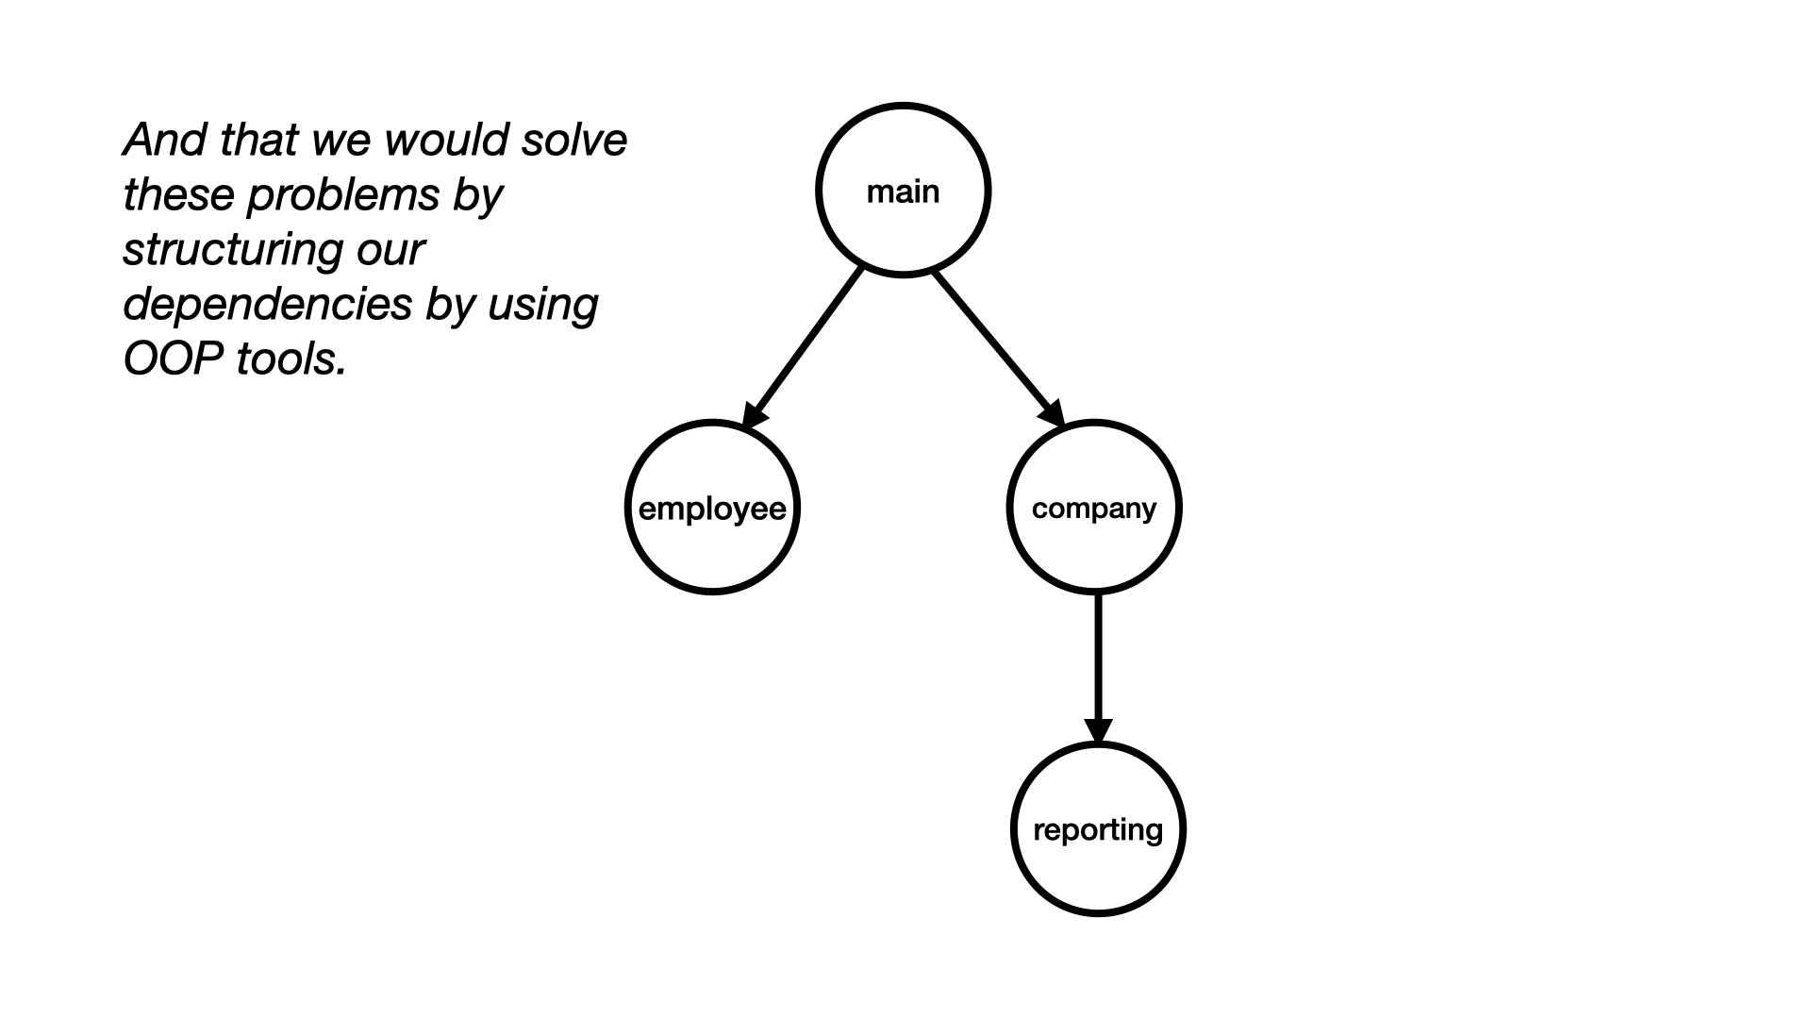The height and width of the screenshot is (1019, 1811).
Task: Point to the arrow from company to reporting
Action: tap(1098, 669)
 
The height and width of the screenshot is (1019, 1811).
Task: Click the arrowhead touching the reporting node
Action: tap(1098, 732)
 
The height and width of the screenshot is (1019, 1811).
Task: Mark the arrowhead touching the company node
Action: tap(1054, 414)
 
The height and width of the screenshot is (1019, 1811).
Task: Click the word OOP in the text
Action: tap(174, 359)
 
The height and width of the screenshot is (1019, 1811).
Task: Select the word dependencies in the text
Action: tap(268, 305)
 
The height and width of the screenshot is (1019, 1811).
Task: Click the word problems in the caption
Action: tap(343, 195)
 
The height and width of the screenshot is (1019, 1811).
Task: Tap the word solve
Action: tap(574, 140)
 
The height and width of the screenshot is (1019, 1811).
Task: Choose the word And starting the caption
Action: tap(165, 140)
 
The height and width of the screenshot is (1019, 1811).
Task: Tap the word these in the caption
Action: tap(179, 195)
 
